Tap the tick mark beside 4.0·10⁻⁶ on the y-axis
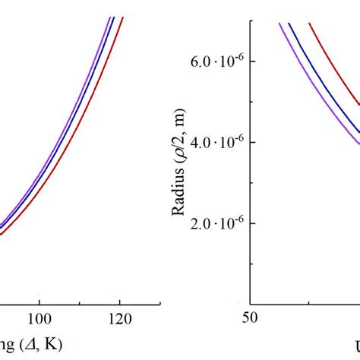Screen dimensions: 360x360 tap(254, 143)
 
